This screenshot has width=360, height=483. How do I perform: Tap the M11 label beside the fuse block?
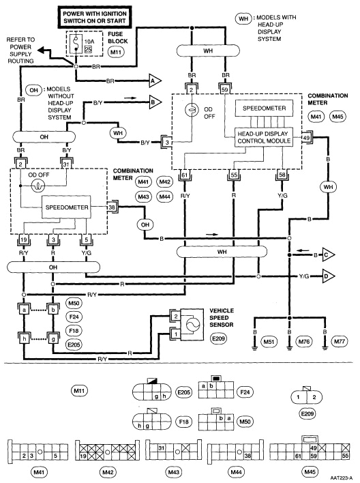point(116,52)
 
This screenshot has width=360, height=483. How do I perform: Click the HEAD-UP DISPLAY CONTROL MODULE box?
point(263,136)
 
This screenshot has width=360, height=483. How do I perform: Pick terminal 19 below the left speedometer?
point(23,240)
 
